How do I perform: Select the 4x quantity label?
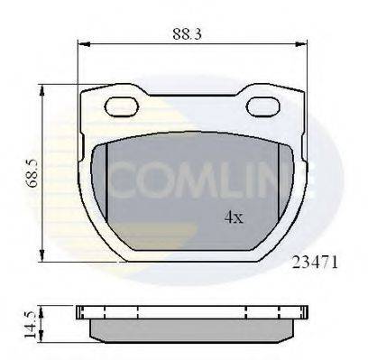tap(234, 217)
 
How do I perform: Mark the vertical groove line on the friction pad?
tap(107, 180)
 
